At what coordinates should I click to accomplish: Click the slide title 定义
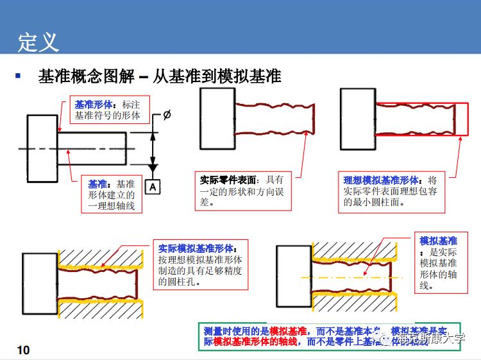click(38, 42)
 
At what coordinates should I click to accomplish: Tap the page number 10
click(23, 350)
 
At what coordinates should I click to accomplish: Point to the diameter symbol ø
click(167, 116)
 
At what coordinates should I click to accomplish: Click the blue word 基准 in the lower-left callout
click(97, 184)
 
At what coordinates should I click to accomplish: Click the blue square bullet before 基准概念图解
click(19, 76)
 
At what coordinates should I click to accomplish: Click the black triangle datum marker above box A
click(153, 169)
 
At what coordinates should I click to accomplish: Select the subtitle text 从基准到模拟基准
click(217, 76)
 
